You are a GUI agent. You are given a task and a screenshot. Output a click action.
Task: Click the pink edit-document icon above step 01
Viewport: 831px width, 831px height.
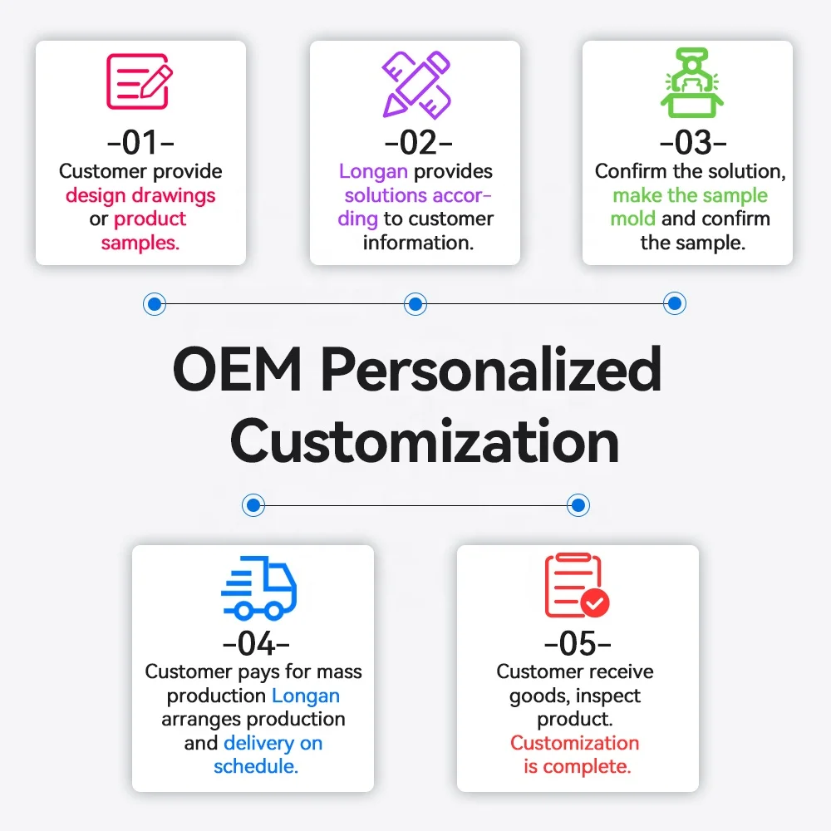pyautogui.click(x=140, y=81)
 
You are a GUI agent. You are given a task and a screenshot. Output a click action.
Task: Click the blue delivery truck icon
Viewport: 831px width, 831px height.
pyautogui.click(x=258, y=588)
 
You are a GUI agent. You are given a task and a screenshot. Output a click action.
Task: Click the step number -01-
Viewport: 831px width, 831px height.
pyautogui.click(x=140, y=143)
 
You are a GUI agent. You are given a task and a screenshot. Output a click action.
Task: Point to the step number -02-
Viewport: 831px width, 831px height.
pyautogui.click(x=415, y=143)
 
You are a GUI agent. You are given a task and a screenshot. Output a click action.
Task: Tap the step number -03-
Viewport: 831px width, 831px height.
pyautogui.click(x=692, y=143)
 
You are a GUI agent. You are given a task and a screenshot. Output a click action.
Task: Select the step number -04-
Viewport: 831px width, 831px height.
pyautogui.click(x=256, y=643)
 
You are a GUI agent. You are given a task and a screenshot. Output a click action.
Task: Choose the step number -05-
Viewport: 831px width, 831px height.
pyautogui.click(x=577, y=643)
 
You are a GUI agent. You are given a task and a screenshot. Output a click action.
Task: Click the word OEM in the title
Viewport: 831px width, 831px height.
pyautogui.click(x=237, y=370)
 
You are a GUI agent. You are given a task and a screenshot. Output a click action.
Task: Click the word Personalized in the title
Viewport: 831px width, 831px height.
pyautogui.click(x=491, y=371)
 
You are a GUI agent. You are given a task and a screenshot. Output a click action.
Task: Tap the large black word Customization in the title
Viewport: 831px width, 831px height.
pyautogui.click(x=424, y=441)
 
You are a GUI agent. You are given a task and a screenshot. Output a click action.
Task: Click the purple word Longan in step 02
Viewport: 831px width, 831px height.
pyautogui.click(x=373, y=172)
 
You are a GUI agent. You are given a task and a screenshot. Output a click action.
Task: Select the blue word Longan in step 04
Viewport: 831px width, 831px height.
pyautogui.click(x=306, y=696)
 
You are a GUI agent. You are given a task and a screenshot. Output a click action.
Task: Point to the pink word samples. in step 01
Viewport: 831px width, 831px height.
pyautogui.click(x=140, y=243)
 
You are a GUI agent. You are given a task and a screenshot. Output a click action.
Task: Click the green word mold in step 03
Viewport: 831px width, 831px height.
pyautogui.click(x=633, y=219)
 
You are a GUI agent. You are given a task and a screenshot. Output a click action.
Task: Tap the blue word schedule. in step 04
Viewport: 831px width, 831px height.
pyautogui.click(x=256, y=766)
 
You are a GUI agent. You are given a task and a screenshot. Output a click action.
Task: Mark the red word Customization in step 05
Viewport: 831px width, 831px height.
pyautogui.click(x=575, y=743)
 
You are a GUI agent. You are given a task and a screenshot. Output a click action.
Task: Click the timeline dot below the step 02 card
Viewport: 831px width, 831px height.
pyautogui.click(x=415, y=304)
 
